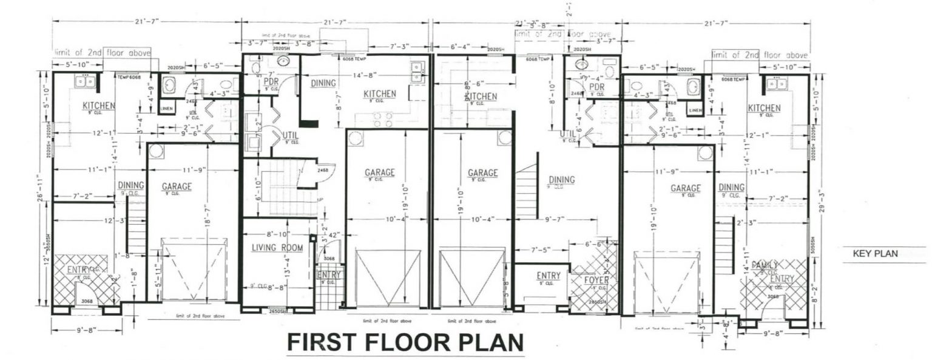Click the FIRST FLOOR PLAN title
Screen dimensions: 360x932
point(405,342)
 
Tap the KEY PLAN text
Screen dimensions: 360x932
point(874,254)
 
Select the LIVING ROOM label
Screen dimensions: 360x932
point(277,248)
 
